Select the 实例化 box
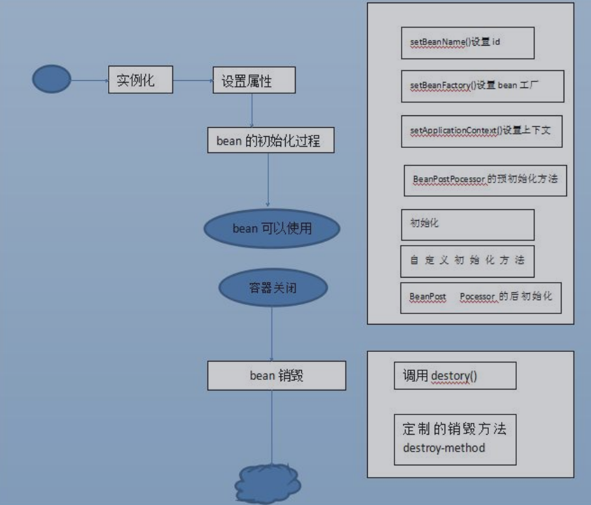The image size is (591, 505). tap(141, 81)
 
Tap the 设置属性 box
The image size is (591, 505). tap(254, 81)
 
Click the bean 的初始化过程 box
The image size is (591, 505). tap(270, 140)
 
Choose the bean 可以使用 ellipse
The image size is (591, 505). tap(272, 229)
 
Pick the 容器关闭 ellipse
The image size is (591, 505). tap(272, 287)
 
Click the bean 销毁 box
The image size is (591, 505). tap(277, 376)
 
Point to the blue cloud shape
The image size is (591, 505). tap(268, 483)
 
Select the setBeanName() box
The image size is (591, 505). tap(467, 42)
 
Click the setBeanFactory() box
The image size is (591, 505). tap(482, 86)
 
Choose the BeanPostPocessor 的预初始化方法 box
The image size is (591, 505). tap(485, 179)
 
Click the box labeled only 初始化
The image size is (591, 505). tap(467, 224)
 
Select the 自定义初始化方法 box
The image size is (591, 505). tap(467, 261)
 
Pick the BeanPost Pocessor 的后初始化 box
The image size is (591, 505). tap(480, 297)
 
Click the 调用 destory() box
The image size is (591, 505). tap(454, 376)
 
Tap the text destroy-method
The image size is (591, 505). tap(444, 448)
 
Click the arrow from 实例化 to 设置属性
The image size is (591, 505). tap(193, 81)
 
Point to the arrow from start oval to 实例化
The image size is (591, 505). tap(89, 81)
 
